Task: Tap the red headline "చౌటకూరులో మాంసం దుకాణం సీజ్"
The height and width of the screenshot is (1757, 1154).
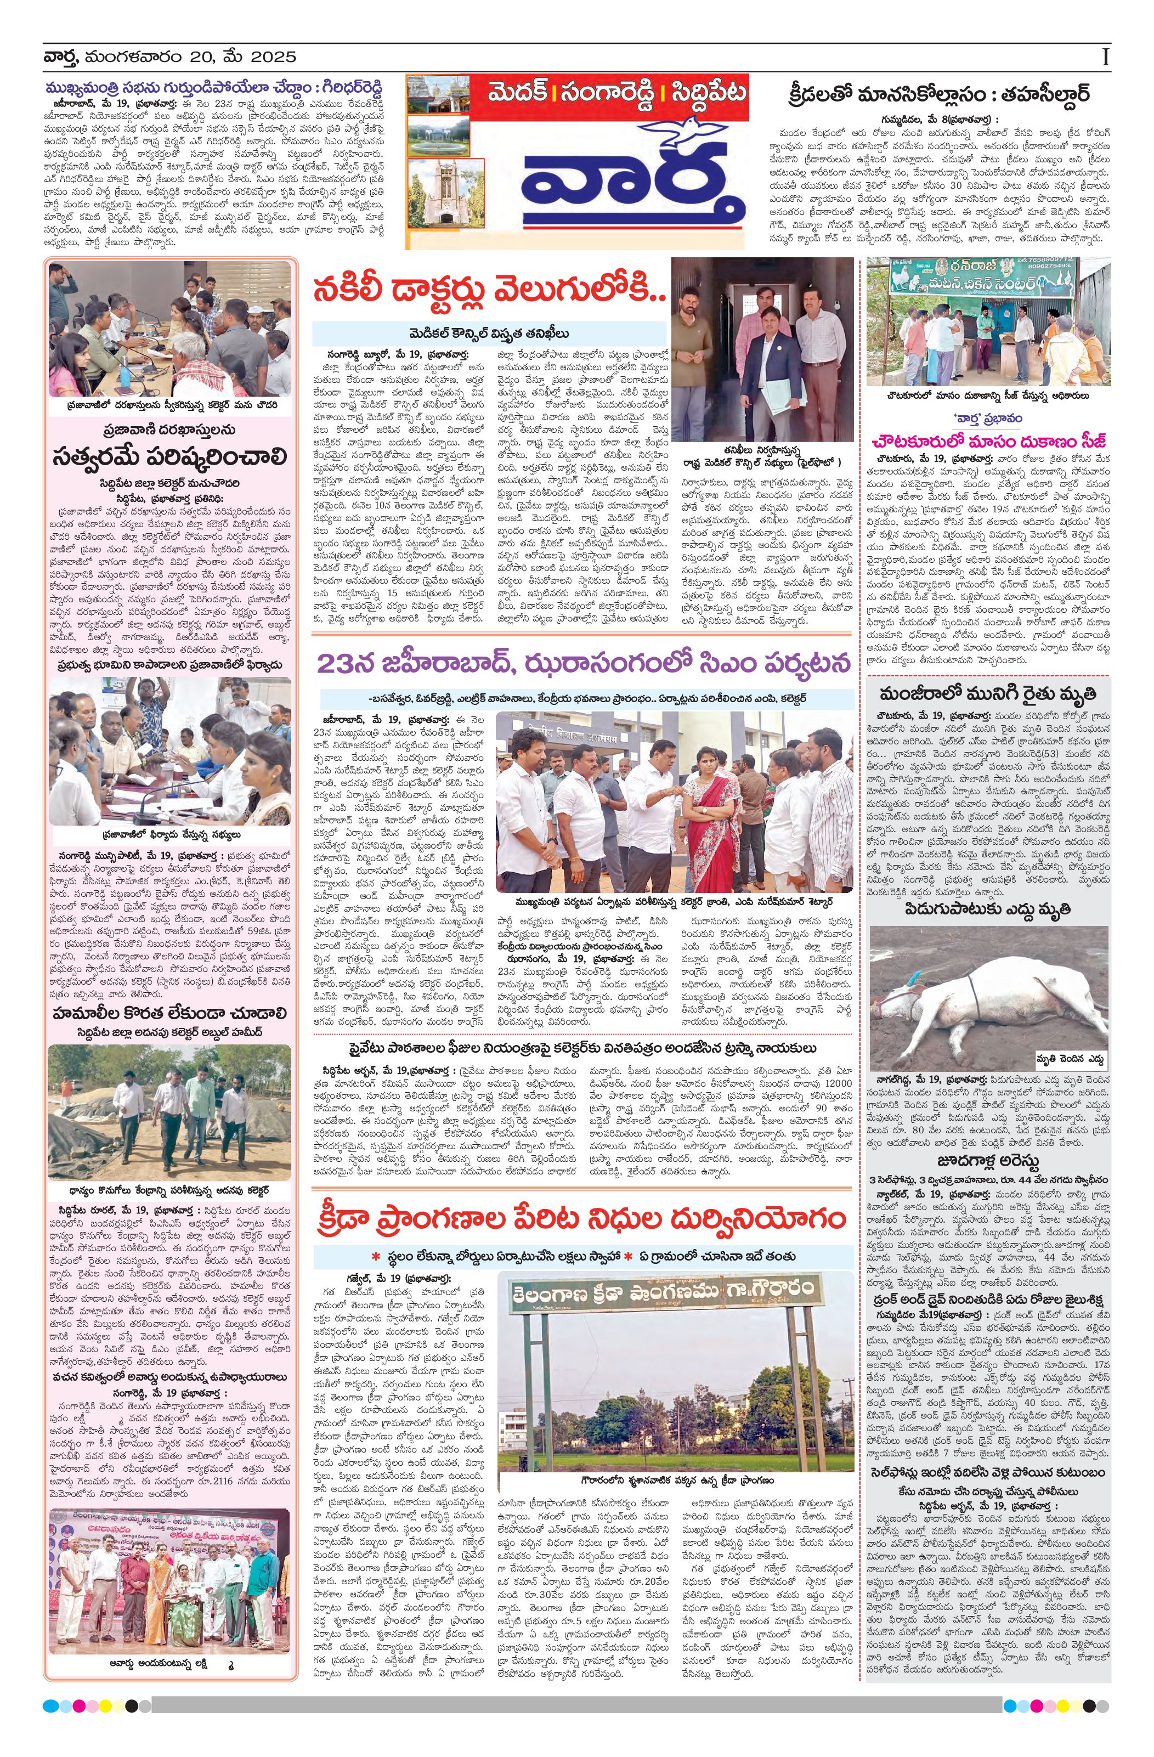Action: coord(988,442)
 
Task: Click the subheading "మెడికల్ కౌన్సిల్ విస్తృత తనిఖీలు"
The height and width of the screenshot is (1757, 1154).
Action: coord(489,332)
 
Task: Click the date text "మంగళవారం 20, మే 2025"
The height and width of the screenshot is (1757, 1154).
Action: coord(190,57)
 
